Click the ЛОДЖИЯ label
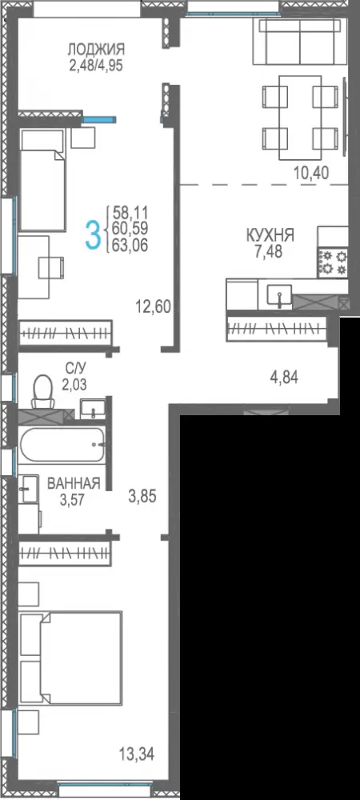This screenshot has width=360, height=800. click(96, 50)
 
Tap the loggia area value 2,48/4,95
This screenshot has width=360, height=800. click(96, 65)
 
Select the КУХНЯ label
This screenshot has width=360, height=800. click(270, 235)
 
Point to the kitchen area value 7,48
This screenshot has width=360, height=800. click(270, 251)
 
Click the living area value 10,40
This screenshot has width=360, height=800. click(311, 173)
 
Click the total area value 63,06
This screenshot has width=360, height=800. click(130, 246)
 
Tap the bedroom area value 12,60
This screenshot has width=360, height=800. click(153, 307)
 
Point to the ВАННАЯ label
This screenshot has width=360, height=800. click(74, 484)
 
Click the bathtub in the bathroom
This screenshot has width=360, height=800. click(62, 444)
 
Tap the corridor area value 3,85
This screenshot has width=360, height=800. click(142, 497)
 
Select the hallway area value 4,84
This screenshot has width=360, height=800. click(283, 378)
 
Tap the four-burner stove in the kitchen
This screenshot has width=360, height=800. click(333, 262)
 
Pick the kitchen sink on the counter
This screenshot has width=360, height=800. click(279, 297)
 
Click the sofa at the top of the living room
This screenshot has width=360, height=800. click(300, 42)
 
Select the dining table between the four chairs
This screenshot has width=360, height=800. click(300, 118)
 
